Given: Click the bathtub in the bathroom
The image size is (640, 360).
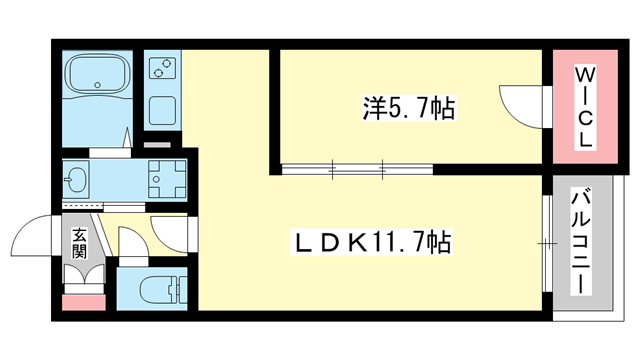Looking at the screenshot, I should click(x=97, y=77).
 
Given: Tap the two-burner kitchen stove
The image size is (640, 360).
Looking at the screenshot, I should click(x=160, y=69).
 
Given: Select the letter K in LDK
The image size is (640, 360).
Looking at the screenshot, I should click(x=338, y=242).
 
